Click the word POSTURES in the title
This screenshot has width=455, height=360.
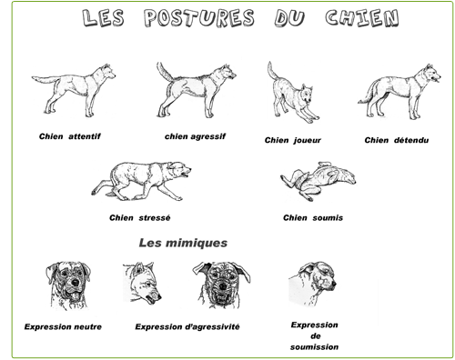(x=199, y=18)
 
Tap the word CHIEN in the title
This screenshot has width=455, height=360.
(x=362, y=18)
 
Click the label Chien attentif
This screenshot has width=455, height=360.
(x=70, y=136)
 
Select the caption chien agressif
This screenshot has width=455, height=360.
(x=195, y=136)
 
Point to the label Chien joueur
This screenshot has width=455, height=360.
(x=293, y=140)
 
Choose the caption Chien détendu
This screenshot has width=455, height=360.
(x=397, y=140)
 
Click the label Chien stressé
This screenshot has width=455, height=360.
(x=140, y=217)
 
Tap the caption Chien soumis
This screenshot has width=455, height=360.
(x=313, y=217)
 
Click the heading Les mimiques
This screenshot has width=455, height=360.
(x=183, y=243)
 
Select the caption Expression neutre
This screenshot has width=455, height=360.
(x=63, y=326)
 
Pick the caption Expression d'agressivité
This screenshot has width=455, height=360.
(x=187, y=326)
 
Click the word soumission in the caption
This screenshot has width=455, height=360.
(x=314, y=347)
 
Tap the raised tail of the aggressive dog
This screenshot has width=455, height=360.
(x=163, y=72)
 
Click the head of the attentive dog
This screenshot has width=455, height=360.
(x=107, y=72)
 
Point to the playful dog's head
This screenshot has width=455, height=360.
(x=307, y=95)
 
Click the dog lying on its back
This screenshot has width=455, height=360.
(x=318, y=180)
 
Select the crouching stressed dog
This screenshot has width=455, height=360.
(x=141, y=181)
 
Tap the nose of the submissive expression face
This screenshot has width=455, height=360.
(x=334, y=284)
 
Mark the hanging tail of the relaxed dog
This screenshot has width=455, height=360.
(x=368, y=93)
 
